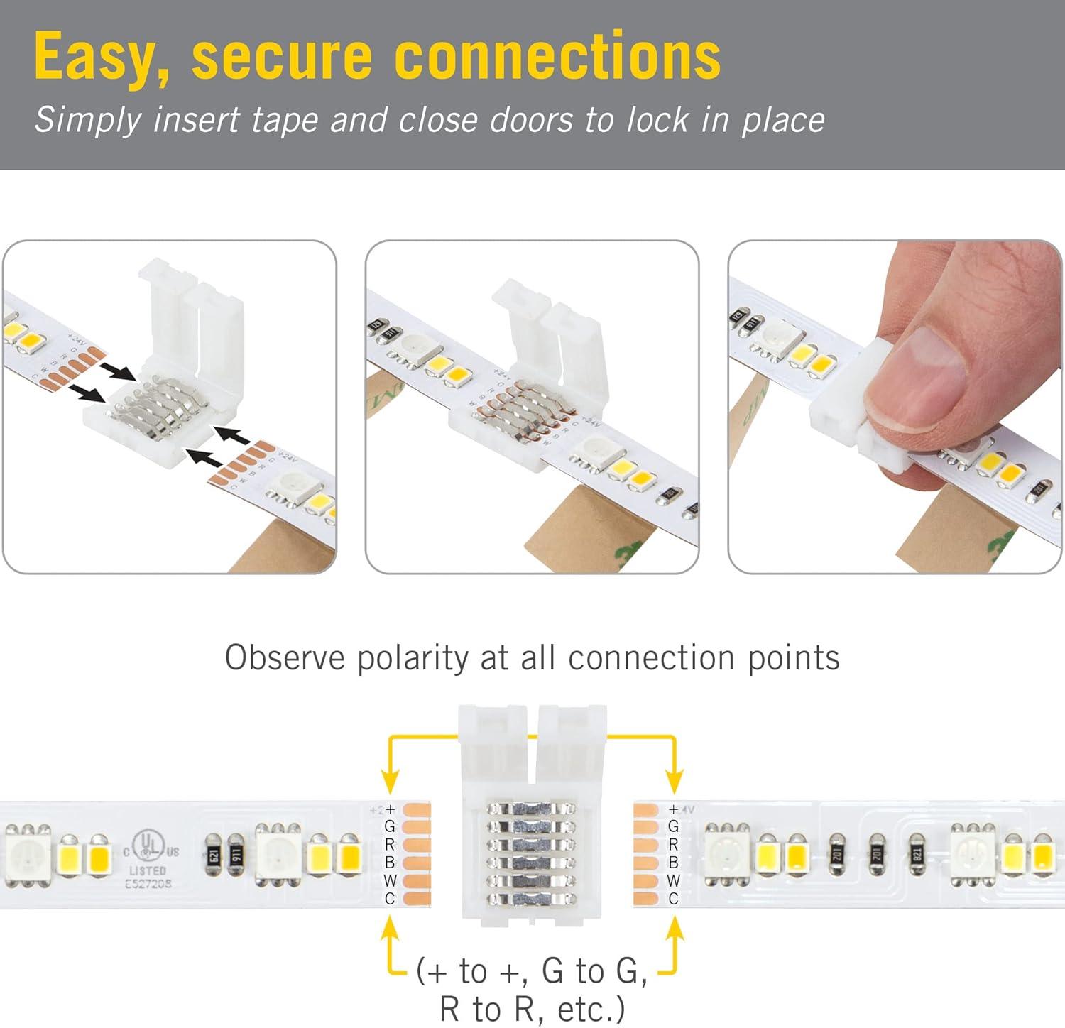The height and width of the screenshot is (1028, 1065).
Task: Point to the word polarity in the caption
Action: pos(413,657)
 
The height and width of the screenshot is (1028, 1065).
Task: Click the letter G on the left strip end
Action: pos(389,826)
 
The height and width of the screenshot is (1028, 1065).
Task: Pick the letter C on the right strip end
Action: pos(673,899)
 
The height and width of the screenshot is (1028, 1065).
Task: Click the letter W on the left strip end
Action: pos(390,881)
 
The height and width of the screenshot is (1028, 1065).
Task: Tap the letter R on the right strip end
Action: pos(673,845)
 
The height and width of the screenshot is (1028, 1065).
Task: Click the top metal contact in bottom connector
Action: pos(530,809)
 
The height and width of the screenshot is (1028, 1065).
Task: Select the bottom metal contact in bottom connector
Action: pos(530,898)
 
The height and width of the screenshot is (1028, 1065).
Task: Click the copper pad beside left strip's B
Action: pos(416,863)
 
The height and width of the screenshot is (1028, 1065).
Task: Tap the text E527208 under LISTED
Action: pos(148,884)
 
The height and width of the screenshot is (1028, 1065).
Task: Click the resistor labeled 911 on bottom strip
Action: pos(237,855)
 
